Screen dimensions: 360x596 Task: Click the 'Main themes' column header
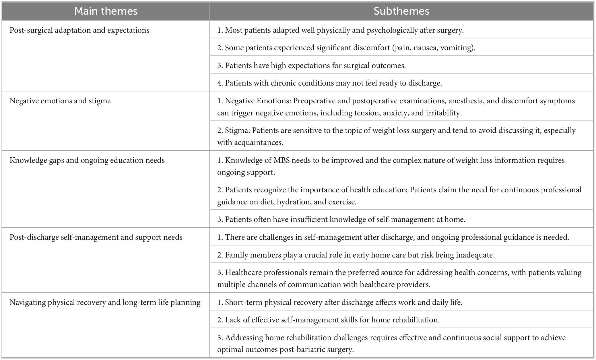click(x=106, y=11)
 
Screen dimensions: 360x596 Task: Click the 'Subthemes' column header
click(x=401, y=11)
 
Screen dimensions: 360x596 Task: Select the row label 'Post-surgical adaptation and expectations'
click(x=79, y=30)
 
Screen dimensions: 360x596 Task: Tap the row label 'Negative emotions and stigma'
click(x=60, y=101)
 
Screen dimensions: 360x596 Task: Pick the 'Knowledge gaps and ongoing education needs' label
click(x=87, y=160)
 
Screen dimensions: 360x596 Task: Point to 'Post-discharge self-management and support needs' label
click(x=96, y=237)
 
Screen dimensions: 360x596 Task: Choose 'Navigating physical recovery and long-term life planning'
click(x=105, y=302)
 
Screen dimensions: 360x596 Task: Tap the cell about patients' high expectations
click(x=311, y=65)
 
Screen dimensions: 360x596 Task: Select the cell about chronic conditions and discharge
click(x=329, y=83)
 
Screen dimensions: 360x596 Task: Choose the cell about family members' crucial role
click(x=356, y=255)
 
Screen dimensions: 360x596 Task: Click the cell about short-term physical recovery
click(x=340, y=302)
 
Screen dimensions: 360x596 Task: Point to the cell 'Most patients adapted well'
click(x=340, y=30)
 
